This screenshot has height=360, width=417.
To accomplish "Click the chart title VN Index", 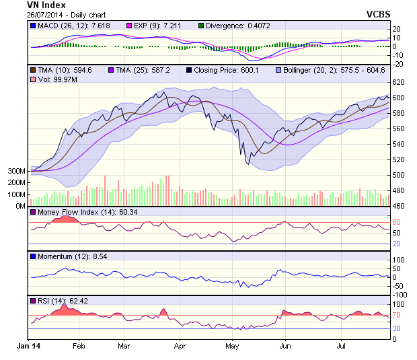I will (45, 5).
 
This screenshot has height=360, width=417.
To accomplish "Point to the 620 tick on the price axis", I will (400, 82).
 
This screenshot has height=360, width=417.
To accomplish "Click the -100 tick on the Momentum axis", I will (402, 294).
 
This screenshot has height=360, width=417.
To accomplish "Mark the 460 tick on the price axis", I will (400, 206).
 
